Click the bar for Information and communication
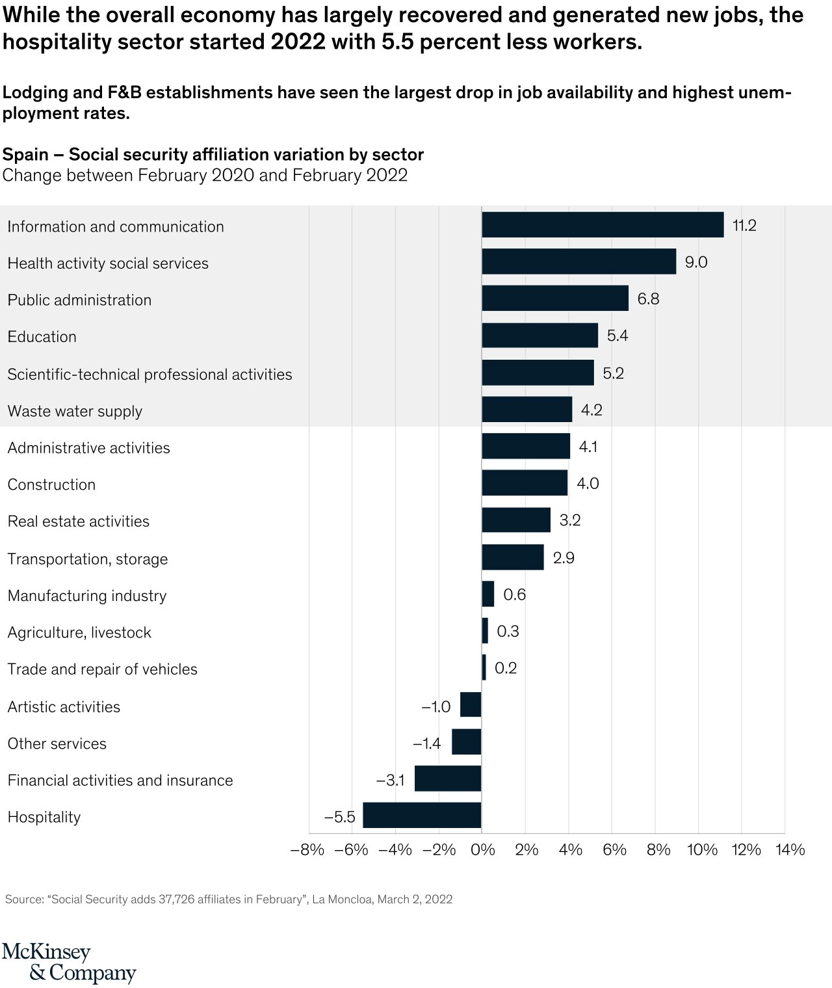tap(603, 225)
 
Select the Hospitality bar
tap(422, 816)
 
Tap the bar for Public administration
tap(555, 299)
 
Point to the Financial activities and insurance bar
tap(448, 779)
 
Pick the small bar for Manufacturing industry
tap(488, 594)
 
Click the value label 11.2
tap(744, 226)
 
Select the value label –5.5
tap(339, 817)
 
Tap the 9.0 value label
tap(695, 262)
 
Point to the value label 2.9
tap(563, 558)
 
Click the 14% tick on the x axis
tap(790, 849)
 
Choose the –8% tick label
tap(307, 849)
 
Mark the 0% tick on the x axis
tap(482, 849)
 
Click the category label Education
tap(42, 337)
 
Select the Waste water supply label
tap(75, 411)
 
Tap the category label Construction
tap(51, 485)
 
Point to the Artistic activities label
tap(64, 707)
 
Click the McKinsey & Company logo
tap(68, 963)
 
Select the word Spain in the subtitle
tap(25, 155)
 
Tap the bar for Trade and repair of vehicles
tap(484, 668)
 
